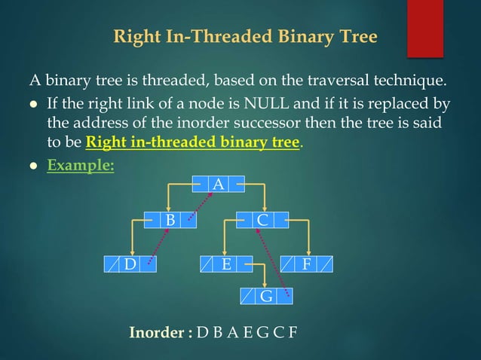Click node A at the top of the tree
[218, 183]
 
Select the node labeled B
[171, 220]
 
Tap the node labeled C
[262, 220]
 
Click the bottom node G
[266, 296]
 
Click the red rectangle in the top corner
[424, 28]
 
